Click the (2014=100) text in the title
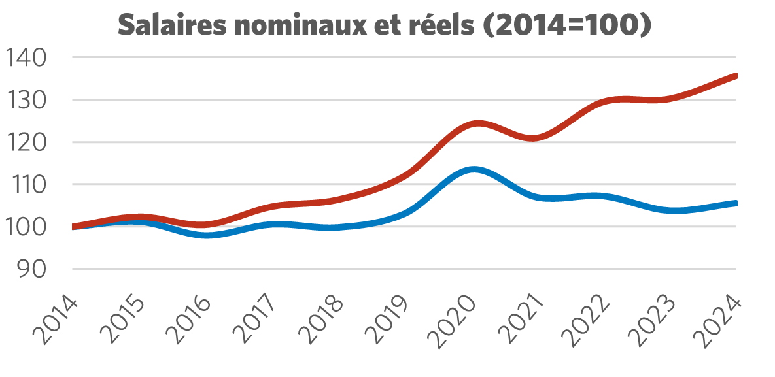tap(568, 26)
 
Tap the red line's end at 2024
tap(736, 76)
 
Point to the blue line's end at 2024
tap(736, 203)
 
